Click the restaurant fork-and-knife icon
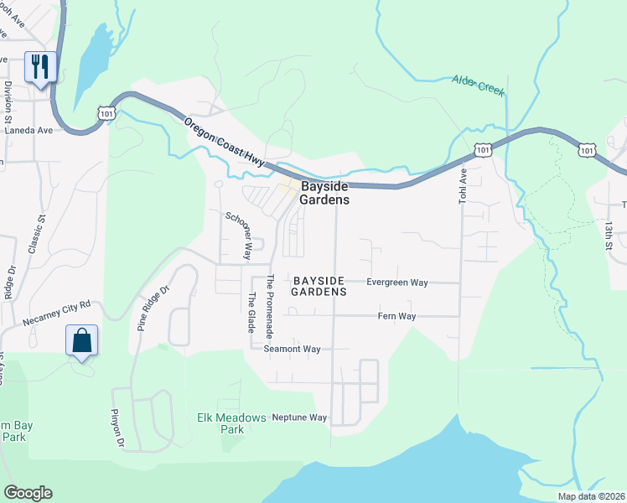pyautogui.click(x=40, y=66)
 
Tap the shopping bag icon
pyautogui.click(x=81, y=341)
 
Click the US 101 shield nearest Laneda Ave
pyautogui.click(x=106, y=111)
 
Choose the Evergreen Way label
pyautogui.click(x=397, y=283)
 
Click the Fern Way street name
pyautogui.click(x=397, y=316)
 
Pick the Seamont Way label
pyautogui.click(x=292, y=349)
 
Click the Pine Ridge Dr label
pyautogui.click(x=153, y=303)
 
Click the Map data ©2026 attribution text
pyautogui.click(x=591, y=496)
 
